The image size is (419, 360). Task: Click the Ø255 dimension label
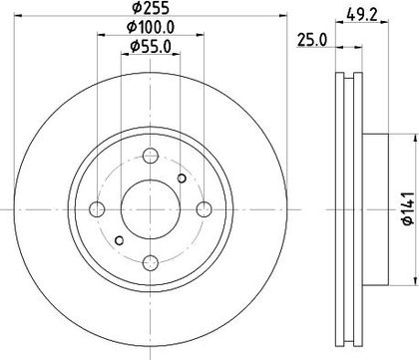click(x=151, y=8)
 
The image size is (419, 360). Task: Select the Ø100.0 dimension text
click(x=151, y=28)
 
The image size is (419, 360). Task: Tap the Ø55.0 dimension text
click(x=151, y=47)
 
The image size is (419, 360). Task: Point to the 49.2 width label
click(x=362, y=15)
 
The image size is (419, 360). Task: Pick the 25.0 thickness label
click(x=312, y=40)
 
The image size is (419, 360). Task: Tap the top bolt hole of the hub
click(x=151, y=156)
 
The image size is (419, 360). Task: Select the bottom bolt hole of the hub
click(x=151, y=263)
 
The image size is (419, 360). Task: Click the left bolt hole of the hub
click(x=97, y=209)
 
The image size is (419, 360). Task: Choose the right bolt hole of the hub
click(x=204, y=209)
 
